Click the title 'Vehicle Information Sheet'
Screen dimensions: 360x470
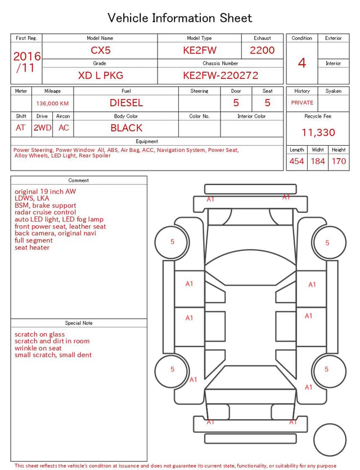pyautogui.click(x=179, y=18)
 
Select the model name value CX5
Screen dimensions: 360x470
pyautogui.click(x=101, y=50)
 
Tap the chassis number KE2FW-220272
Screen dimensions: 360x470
pyautogui.click(x=220, y=75)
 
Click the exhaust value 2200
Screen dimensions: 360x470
pyautogui.click(x=262, y=50)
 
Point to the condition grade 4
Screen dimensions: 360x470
pyautogui.click(x=302, y=63)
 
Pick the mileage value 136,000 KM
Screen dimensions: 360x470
pyautogui.click(x=52, y=104)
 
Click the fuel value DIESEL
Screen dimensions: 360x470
pyautogui.click(x=126, y=103)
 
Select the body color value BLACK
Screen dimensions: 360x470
pyautogui.click(x=127, y=128)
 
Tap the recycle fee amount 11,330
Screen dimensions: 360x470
pyautogui.click(x=318, y=132)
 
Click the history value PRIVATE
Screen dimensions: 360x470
pyautogui.click(x=302, y=102)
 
